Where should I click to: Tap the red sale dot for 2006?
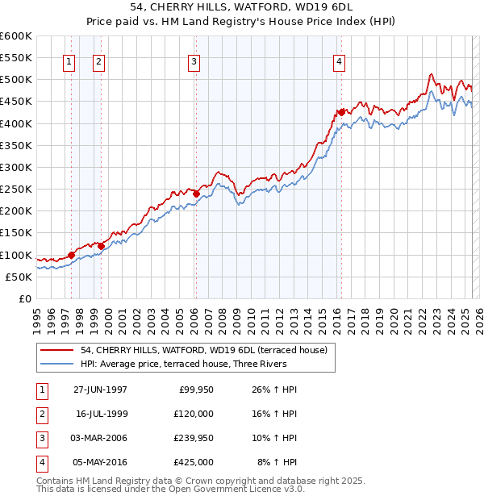pyautogui.click(x=196, y=193)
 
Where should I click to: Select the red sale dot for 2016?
pyautogui.click(x=342, y=111)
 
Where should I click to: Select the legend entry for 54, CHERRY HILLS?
pyautogui.click(x=202, y=350)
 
